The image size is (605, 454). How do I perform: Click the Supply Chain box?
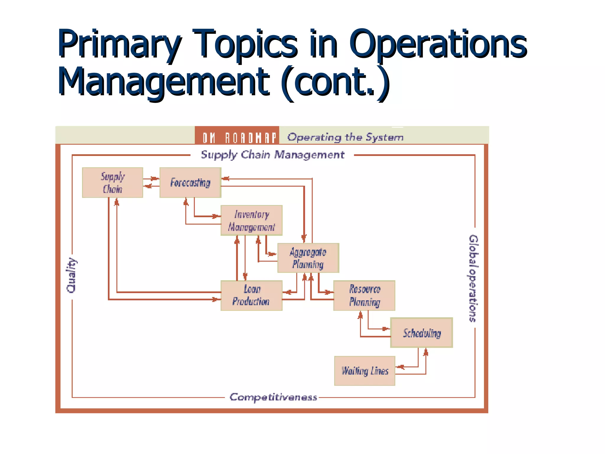113,182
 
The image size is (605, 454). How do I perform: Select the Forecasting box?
190,182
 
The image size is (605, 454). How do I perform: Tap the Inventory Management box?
251,220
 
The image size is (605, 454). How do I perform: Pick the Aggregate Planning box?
308,258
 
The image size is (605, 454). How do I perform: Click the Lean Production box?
251,295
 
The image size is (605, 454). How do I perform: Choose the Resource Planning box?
364,295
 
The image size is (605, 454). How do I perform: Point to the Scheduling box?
422,333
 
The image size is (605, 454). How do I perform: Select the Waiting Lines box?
365,371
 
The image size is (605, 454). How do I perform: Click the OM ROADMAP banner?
237,137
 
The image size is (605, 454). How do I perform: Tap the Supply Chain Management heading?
272,155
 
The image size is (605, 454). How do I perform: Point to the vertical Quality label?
71,275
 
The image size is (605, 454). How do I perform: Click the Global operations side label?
473,278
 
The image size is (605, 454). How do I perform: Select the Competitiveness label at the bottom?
273,397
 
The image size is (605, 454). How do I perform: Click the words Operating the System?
345,137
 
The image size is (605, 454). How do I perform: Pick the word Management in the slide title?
163,82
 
